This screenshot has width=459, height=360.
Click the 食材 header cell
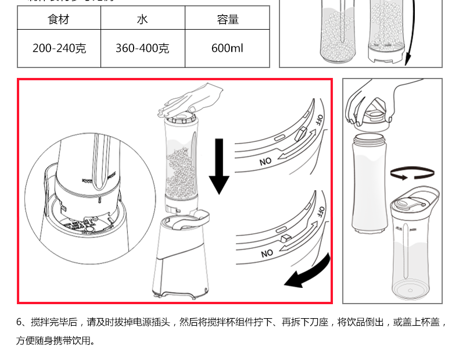coord(58,19)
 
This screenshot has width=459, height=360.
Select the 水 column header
coord(142,19)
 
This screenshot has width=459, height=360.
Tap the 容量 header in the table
coord(227,19)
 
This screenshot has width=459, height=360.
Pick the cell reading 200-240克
coord(59,48)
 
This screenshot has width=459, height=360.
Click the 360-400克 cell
coord(142,48)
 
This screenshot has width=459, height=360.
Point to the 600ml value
coord(227,48)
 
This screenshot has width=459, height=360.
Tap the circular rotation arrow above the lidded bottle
coord(413,173)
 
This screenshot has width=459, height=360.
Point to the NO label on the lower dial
coord(267,253)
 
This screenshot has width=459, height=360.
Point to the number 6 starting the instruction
coord(19,322)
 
